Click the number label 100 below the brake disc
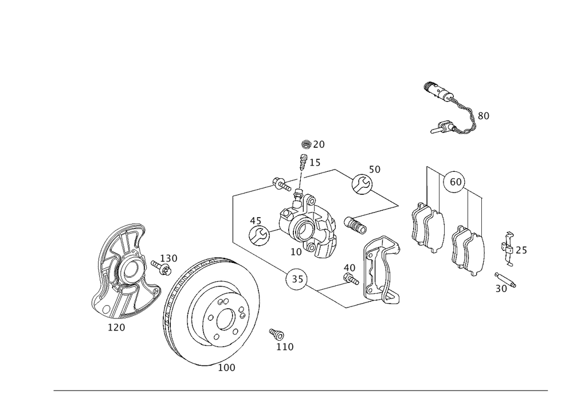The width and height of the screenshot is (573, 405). (227, 368)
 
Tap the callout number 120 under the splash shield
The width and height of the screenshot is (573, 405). (117, 327)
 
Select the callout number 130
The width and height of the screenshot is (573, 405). (168, 258)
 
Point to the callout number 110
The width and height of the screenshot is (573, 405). (285, 346)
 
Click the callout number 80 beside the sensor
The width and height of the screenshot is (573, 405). (482, 116)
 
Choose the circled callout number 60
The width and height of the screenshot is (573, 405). (455, 182)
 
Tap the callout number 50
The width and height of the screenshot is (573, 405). (375, 170)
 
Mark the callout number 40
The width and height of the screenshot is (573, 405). (349, 268)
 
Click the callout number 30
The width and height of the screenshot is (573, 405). (501, 289)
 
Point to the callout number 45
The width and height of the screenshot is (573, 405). (256, 220)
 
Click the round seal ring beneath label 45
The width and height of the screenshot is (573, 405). (259, 234)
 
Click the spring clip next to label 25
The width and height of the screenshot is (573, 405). (507, 250)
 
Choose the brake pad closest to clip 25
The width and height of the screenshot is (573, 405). (468, 250)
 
